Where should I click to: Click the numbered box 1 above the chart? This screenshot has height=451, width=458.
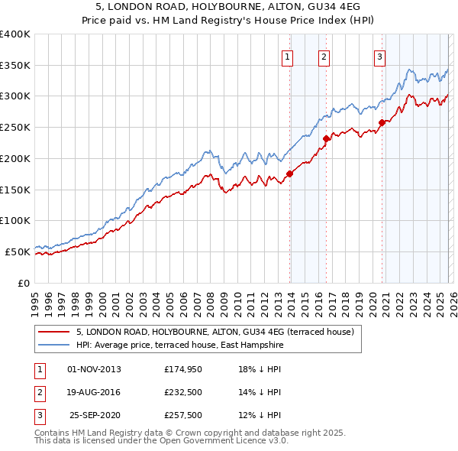tap(288, 56)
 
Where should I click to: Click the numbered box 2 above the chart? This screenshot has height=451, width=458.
tap(324, 56)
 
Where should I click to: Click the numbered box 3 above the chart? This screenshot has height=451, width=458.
tap(379, 56)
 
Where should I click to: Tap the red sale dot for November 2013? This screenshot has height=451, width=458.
tap(290, 174)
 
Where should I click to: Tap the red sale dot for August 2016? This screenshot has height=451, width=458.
tap(326, 138)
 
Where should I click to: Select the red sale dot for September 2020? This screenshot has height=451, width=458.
tap(382, 122)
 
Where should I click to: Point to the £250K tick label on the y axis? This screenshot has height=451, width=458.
tap(15, 128)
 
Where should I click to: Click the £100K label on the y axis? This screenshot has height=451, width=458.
tap(15, 220)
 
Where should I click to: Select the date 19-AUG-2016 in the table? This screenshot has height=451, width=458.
tap(94, 392)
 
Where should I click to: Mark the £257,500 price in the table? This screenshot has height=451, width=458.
tap(183, 415)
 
